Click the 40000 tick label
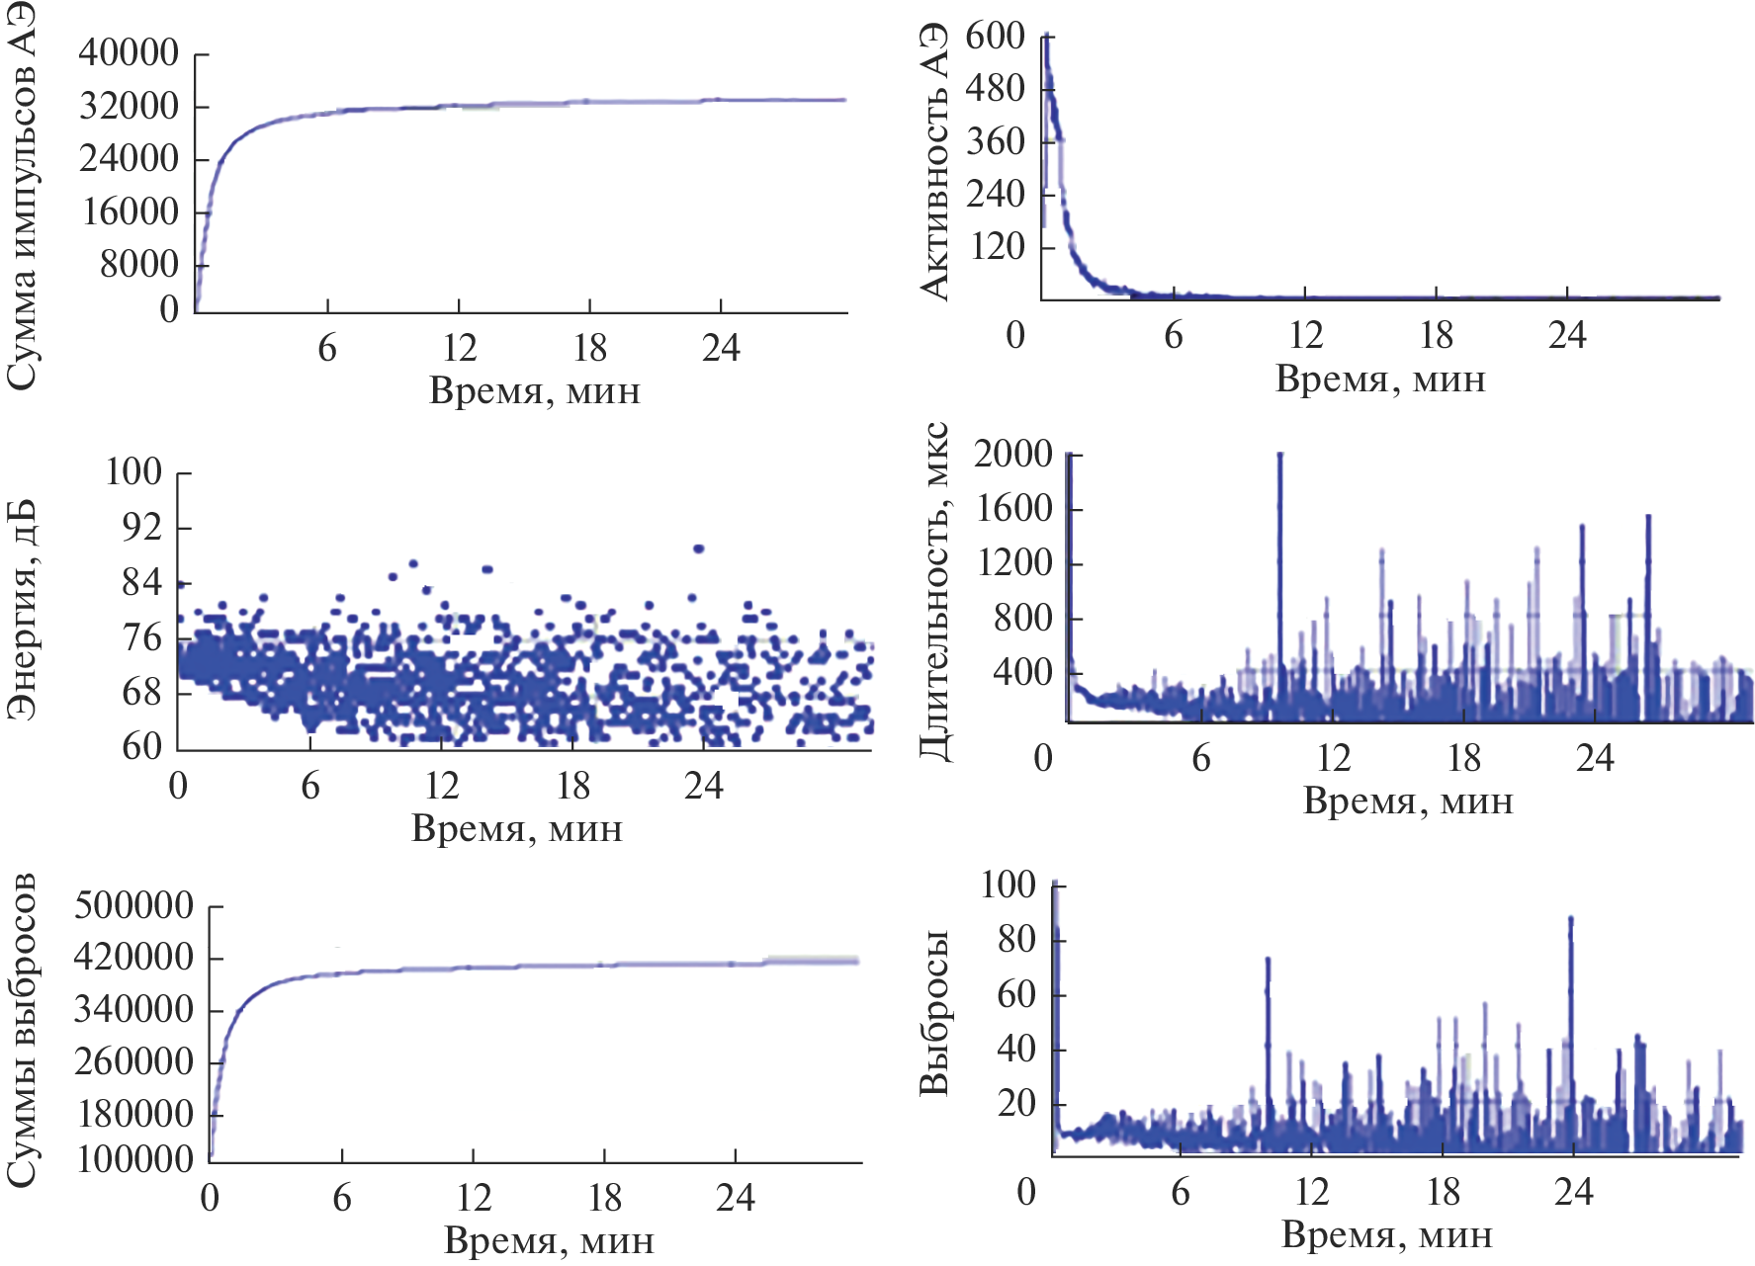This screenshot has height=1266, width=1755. [x=129, y=52]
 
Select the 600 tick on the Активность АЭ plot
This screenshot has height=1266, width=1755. [x=996, y=37]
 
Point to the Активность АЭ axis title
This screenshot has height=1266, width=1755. [x=933, y=163]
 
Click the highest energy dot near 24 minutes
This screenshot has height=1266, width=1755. [x=698, y=549]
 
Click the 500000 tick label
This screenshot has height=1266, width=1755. [x=134, y=905]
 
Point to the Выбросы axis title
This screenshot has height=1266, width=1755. [x=934, y=1013]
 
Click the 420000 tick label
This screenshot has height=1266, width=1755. [x=134, y=958]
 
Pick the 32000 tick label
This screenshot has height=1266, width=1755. [x=129, y=106]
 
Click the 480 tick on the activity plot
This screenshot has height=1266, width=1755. [x=996, y=89]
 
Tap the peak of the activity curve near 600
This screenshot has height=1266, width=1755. [x=1046, y=38]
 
